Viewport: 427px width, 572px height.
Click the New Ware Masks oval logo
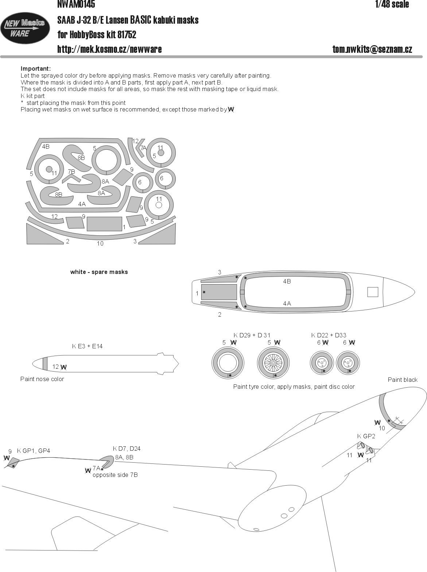pos(25,28)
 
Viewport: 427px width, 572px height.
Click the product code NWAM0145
pos(76,4)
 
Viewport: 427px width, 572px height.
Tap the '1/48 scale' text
pos(392,4)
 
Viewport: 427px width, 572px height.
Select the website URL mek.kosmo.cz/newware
pos(109,49)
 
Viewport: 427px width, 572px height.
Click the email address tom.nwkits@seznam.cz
pos(372,49)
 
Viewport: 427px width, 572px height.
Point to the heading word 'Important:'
pos(36,68)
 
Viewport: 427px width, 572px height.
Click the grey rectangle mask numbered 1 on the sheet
pos(104,224)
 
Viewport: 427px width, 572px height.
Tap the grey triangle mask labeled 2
pos(45,234)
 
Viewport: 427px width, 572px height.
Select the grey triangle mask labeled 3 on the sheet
pos(157,234)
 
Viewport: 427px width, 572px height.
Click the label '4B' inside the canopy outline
pos(287,281)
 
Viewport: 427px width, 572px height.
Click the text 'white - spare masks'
pos(99,272)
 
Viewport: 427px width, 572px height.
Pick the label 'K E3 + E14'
pos(88,346)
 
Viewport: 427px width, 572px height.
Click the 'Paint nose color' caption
pos(42,379)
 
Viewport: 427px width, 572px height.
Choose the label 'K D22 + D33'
pos(329,335)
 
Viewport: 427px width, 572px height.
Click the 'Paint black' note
pos(403,380)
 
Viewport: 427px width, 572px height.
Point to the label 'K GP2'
pos(366,436)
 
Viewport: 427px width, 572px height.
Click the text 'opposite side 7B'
pos(115,475)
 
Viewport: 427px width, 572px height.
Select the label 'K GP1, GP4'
pos(34,451)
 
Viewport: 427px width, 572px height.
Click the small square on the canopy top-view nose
pos(372,292)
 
